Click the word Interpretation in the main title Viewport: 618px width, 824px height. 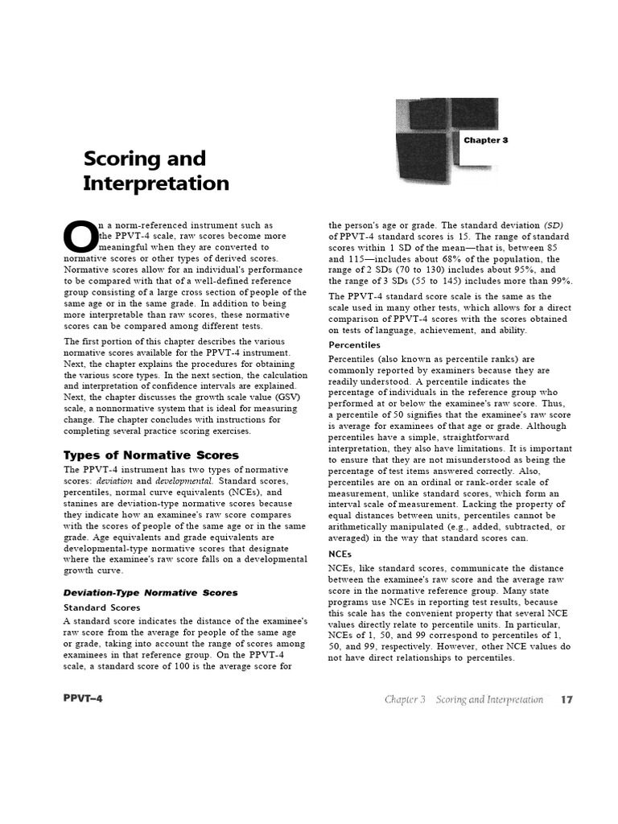155,183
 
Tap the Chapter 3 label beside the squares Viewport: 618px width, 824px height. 485,140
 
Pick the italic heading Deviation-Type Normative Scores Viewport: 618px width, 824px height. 150,592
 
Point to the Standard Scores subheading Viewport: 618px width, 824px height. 101,608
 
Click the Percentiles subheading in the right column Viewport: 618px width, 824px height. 355,344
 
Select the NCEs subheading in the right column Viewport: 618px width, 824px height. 340,554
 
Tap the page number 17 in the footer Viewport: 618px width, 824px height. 566,699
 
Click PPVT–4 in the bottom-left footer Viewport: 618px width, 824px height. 83,698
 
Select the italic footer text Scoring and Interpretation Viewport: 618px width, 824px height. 489,699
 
